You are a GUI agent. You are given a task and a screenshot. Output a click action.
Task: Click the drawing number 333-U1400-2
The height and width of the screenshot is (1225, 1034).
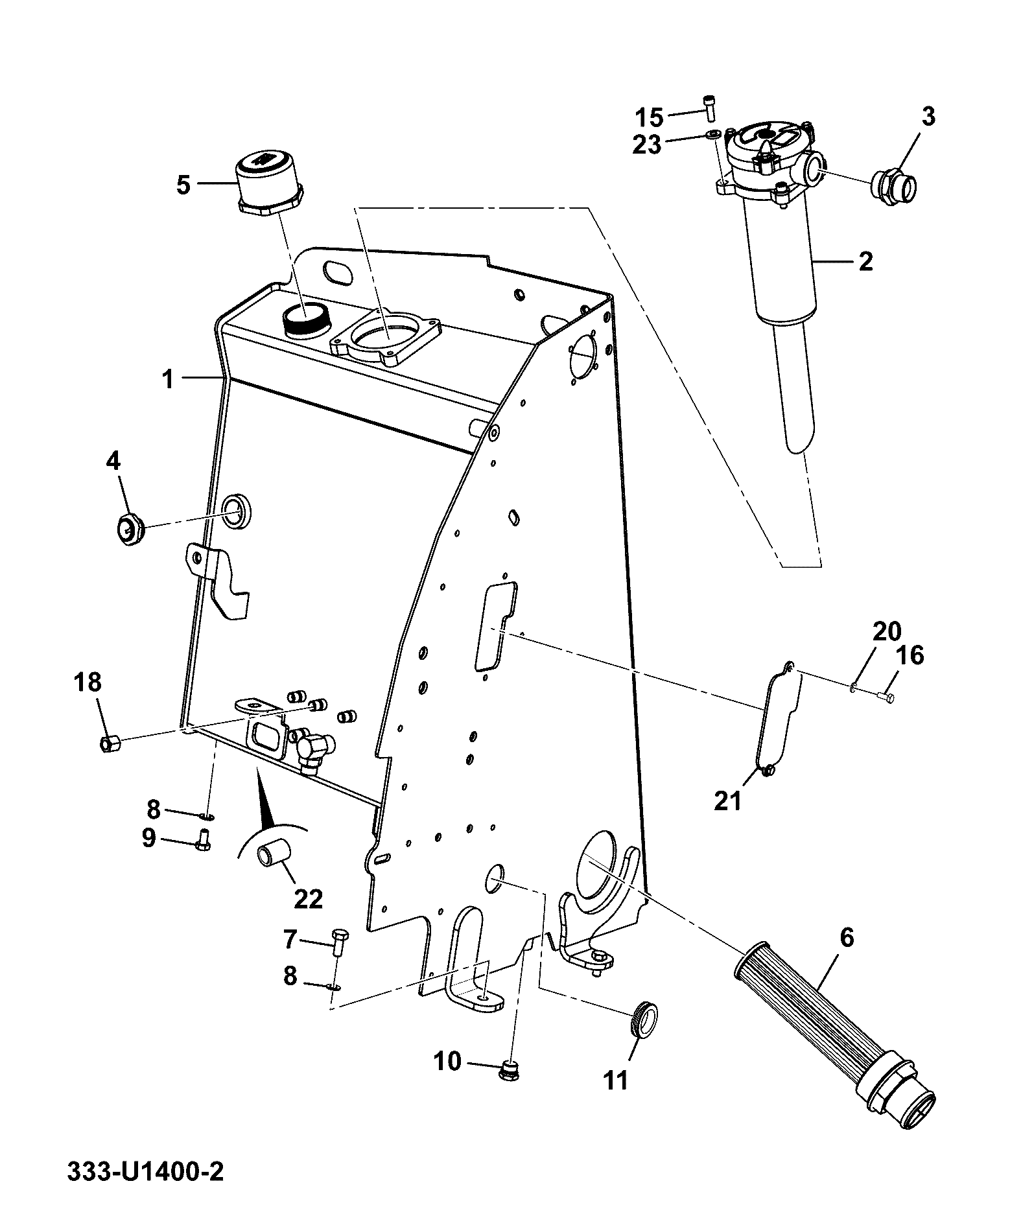[145, 1172]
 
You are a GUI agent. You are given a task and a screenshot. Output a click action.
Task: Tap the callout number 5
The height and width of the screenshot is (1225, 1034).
[183, 185]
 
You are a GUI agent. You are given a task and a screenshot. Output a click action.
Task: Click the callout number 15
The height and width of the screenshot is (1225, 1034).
[649, 118]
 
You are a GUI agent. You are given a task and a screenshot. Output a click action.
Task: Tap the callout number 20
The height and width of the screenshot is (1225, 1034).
[887, 631]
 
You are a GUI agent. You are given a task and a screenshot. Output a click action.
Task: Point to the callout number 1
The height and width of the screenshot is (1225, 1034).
[169, 379]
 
